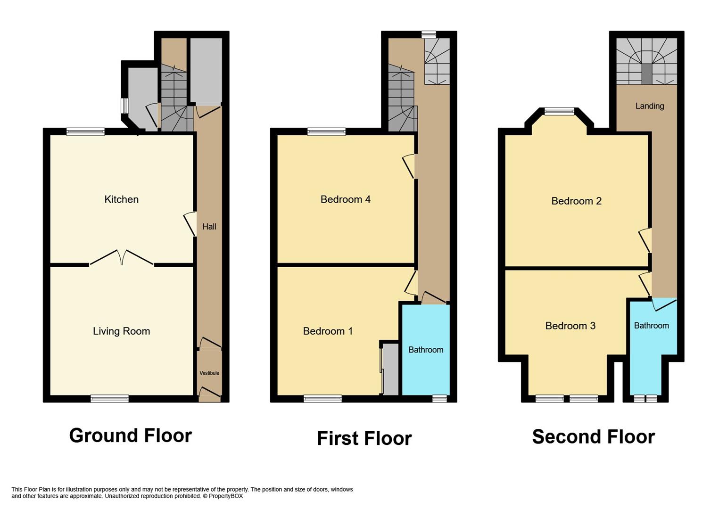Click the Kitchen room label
pyautogui.click(x=121, y=199)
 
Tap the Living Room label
pyautogui.click(x=121, y=331)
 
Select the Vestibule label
pyautogui.click(x=209, y=373)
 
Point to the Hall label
pyautogui.click(x=209, y=227)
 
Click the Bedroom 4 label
pyautogui.click(x=345, y=199)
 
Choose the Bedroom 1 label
pyautogui.click(x=328, y=331)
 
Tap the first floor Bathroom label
pyautogui.click(x=425, y=350)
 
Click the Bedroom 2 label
pyautogui.click(x=576, y=201)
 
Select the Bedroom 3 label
pyautogui.click(x=570, y=326)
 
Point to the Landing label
pyautogui.click(x=649, y=106)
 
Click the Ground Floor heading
pyautogui.click(x=130, y=435)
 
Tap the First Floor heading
pyautogui.click(x=364, y=438)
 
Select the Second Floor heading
pyautogui.click(x=593, y=437)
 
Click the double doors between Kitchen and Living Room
pyautogui.click(x=122, y=258)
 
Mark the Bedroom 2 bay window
pyautogui.click(x=559, y=112)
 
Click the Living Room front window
pyautogui.click(x=109, y=399)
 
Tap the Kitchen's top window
pyautogui.click(x=85, y=131)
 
